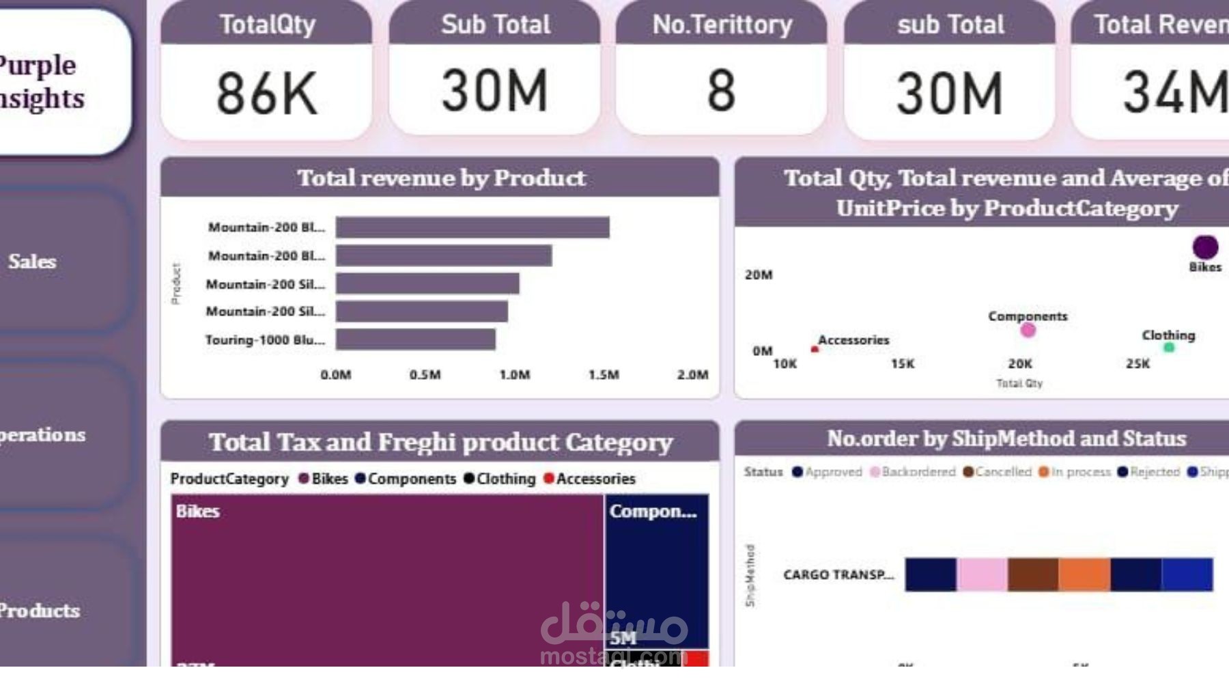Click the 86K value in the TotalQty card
(266, 94)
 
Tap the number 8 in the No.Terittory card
(721, 91)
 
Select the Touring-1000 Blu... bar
(415, 339)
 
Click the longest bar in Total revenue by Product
(472, 227)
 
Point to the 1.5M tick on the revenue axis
(604, 375)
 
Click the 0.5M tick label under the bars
(425, 375)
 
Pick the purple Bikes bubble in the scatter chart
(1205, 247)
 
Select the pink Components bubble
(1028, 331)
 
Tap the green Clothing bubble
(1169, 348)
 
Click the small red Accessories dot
(815, 350)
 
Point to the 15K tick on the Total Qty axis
(902, 364)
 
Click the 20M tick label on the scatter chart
(759, 275)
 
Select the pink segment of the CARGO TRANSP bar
(982, 574)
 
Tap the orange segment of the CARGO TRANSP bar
(1084, 574)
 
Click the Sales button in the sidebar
(32, 262)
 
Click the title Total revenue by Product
(441, 178)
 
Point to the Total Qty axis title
(1019, 384)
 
